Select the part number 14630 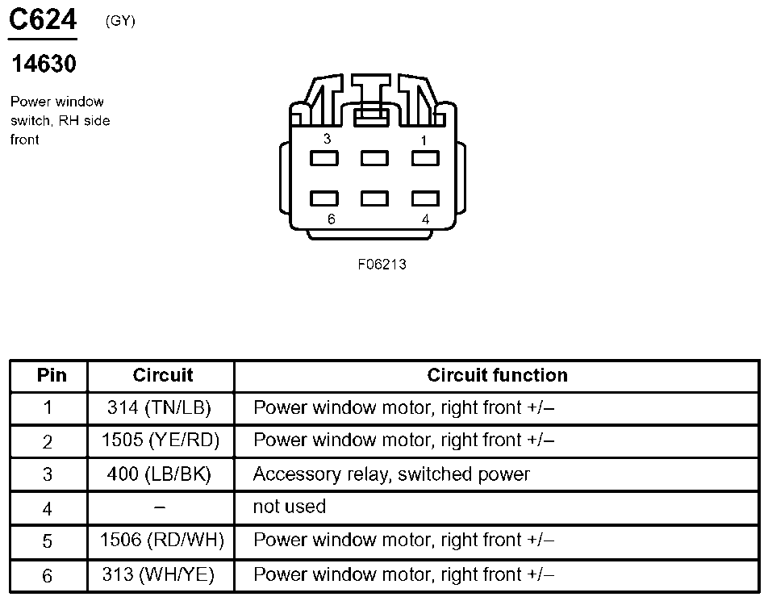pyautogui.click(x=44, y=63)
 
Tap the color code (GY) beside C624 pyautogui.click(x=120, y=22)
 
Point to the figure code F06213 pyautogui.click(x=382, y=265)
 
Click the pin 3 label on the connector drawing pyautogui.click(x=327, y=139)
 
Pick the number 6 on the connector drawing pyautogui.click(x=332, y=219)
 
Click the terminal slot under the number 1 pyautogui.click(x=425, y=158)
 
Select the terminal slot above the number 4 pyautogui.click(x=425, y=198)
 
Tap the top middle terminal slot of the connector pyautogui.click(x=374, y=158)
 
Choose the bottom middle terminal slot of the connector pyautogui.click(x=374, y=198)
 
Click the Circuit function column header pyautogui.click(x=497, y=375)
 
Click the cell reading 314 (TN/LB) pyautogui.click(x=159, y=408)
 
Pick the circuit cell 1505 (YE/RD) pyautogui.click(x=161, y=440)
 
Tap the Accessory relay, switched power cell pyautogui.click(x=391, y=474)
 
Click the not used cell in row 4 pyautogui.click(x=289, y=507)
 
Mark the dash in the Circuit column pyautogui.click(x=159, y=507)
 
